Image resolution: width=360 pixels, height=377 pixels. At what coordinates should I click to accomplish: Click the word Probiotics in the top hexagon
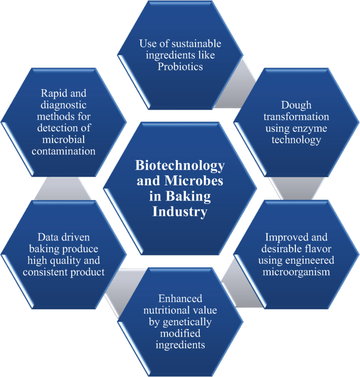click(180, 67)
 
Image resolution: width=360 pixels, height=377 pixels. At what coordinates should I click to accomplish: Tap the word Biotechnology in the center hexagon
click(180, 166)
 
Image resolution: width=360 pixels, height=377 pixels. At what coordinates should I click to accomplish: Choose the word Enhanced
click(180, 298)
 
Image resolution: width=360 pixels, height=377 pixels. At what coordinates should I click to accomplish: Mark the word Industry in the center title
click(180, 212)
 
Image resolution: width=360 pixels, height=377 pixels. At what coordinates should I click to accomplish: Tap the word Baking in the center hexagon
click(191, 197)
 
